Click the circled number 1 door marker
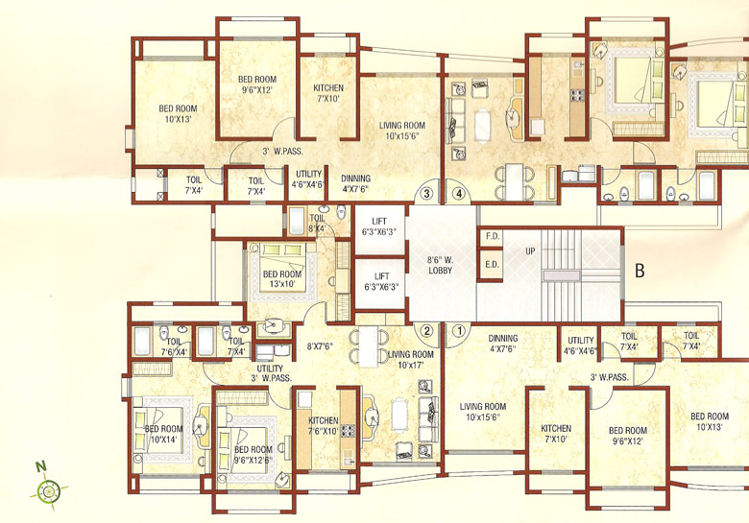459,330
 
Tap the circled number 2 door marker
428,330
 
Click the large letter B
639,271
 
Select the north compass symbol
47,489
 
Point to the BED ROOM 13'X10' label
282,279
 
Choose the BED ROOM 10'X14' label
163,434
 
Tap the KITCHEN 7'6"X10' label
323,426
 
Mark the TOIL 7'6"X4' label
175,345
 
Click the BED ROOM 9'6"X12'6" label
254,455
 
